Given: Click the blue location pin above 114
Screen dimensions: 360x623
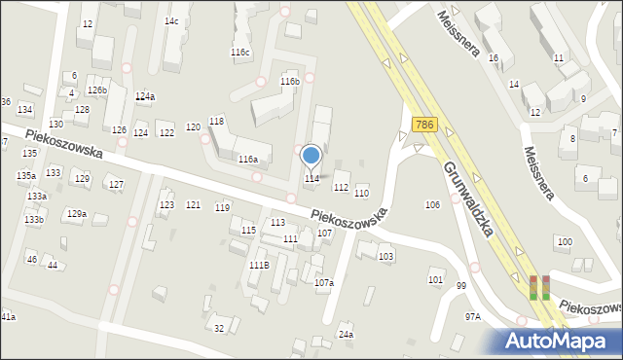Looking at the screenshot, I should click(311, 155).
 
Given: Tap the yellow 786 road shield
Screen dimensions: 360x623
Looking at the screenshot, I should click(423, 126).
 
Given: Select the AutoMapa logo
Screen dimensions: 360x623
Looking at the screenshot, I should click(562, 341).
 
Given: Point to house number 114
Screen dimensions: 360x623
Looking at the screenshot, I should click(311, 178).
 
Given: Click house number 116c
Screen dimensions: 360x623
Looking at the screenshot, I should click(239, 52).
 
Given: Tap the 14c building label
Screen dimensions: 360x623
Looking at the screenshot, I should click(171, 20).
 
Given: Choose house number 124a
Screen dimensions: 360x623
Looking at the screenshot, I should click(145, 96).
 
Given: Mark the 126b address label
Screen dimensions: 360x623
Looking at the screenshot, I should click(96, 90).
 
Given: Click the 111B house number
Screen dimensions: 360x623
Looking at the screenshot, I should click(259, 265).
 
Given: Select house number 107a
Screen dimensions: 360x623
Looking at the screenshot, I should click(324, 282).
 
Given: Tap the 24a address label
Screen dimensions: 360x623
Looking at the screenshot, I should click(346, 335).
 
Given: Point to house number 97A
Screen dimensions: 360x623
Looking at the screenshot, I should click(473, 316).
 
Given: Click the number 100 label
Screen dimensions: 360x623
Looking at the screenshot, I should click(563, 240).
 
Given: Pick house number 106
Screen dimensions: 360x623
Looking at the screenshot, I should click(432, 204).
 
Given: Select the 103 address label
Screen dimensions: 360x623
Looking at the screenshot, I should click(386, 256).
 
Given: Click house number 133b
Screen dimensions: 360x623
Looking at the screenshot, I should click(34, 220).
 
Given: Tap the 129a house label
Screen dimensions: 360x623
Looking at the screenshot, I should click(76, 213).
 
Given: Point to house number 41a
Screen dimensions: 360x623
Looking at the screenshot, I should click(8, 317).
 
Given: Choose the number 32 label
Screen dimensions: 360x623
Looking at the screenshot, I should click(220, 328).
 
